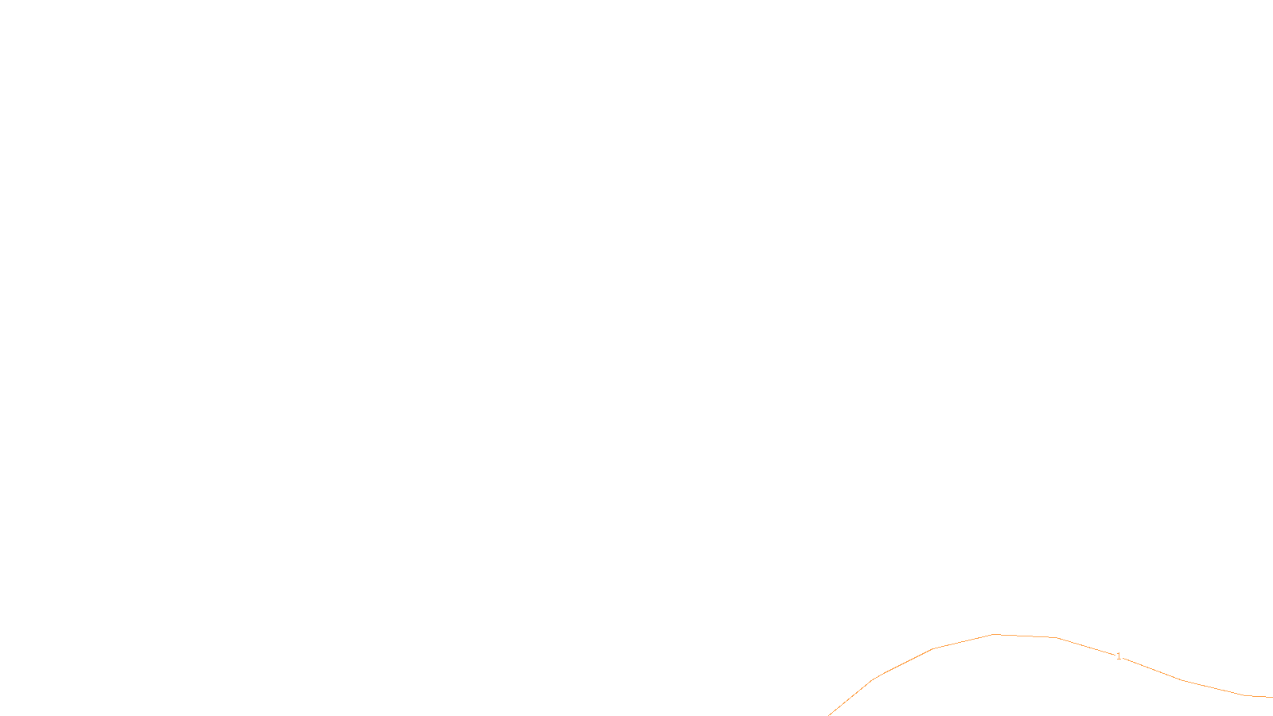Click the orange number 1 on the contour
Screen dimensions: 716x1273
point(1119,656)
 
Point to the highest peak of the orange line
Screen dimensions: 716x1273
point(994,634)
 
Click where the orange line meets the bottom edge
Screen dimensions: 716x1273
point(829,714)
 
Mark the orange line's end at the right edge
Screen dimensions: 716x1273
point(1271,697)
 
